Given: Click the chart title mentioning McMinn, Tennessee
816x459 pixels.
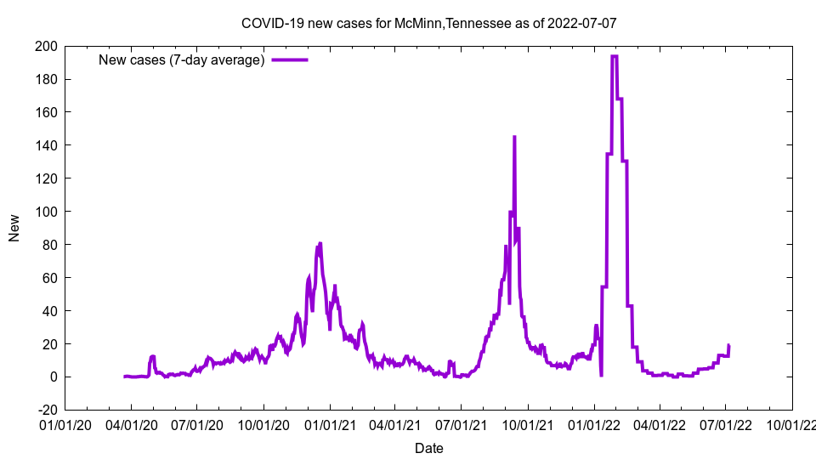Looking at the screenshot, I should coord(428,23).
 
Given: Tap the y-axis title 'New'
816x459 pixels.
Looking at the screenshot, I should coord(14,228).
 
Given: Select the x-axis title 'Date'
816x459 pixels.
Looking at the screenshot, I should coord(428,448).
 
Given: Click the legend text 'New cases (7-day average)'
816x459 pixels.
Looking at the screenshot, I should coord(182,59).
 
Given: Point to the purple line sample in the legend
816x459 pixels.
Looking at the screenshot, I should coord(289,59).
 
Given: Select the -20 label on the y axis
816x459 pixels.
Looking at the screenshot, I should coord(46,410).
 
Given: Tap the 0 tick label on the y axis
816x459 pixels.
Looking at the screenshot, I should coord(53,377).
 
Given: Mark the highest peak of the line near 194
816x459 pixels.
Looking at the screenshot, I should coord(614,56).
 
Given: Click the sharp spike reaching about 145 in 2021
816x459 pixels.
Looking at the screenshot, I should coord(514,137).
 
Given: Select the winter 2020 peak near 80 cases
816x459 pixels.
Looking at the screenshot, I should coord(320,244).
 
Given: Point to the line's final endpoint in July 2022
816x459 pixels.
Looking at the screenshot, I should coord(728,345).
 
